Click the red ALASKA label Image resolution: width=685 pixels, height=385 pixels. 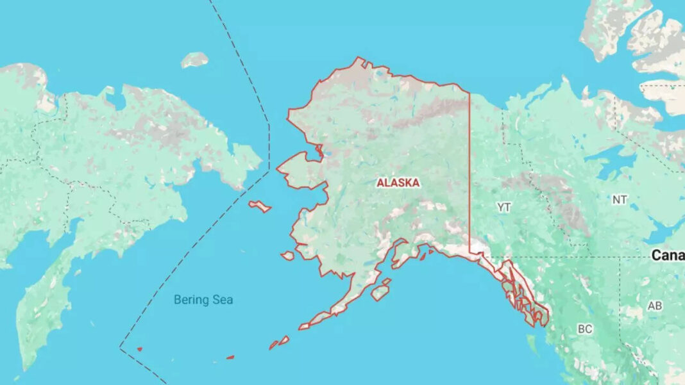click(x=398, y=183)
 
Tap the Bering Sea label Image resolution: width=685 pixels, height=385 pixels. click(x=203, y=300)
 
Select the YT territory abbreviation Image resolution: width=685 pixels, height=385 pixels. click(x=504, y=207)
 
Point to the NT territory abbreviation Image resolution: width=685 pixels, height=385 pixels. click(x=619, y=200)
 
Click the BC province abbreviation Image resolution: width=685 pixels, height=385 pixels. click(x=584, y=329)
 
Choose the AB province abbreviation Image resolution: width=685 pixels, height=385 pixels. click(x=654, y=306)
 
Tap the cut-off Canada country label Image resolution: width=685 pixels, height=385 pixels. click(x=667, y=256)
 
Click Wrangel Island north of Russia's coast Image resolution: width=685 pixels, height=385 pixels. click(x=194, y=60)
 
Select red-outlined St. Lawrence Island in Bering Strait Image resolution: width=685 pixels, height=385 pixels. click(x=260, y=206)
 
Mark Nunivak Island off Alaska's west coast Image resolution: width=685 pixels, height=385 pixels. click(x=287, y=256)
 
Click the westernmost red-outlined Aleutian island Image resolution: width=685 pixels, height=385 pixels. click(x=139, y=349)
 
